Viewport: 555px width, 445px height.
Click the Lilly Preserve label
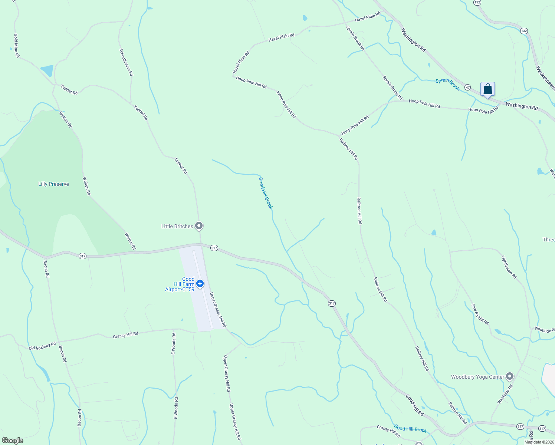[x=53, y=184]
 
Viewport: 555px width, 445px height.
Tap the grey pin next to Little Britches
[x=199, y=225]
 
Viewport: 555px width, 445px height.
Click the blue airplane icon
[x=200, y=284]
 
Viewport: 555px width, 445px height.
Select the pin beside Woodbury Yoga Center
[x=510, y=376]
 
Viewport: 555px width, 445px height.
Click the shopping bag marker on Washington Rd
[x=487, y=89]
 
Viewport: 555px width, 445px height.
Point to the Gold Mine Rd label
[x=17, y=46]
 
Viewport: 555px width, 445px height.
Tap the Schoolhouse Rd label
[x=126, y=62]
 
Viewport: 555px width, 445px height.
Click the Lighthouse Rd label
[x=509, y=267]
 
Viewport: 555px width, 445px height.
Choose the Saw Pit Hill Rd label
[x=480, y=314]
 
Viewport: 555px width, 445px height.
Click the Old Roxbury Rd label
[x=42, y=346]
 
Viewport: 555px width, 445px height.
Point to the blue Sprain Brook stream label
[x=447, y=85]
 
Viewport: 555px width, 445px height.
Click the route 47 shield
[x=468, y=88]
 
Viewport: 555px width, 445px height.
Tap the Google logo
[x=13, y=441]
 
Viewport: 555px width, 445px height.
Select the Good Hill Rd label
[x=414, y=405]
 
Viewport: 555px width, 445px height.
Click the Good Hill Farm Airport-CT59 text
[x=180, y=284]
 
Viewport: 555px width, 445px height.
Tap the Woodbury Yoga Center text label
[x=477, y=377]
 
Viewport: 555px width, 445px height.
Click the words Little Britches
[x=177, y=226]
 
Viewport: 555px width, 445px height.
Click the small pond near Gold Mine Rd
[x=47, y=70]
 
